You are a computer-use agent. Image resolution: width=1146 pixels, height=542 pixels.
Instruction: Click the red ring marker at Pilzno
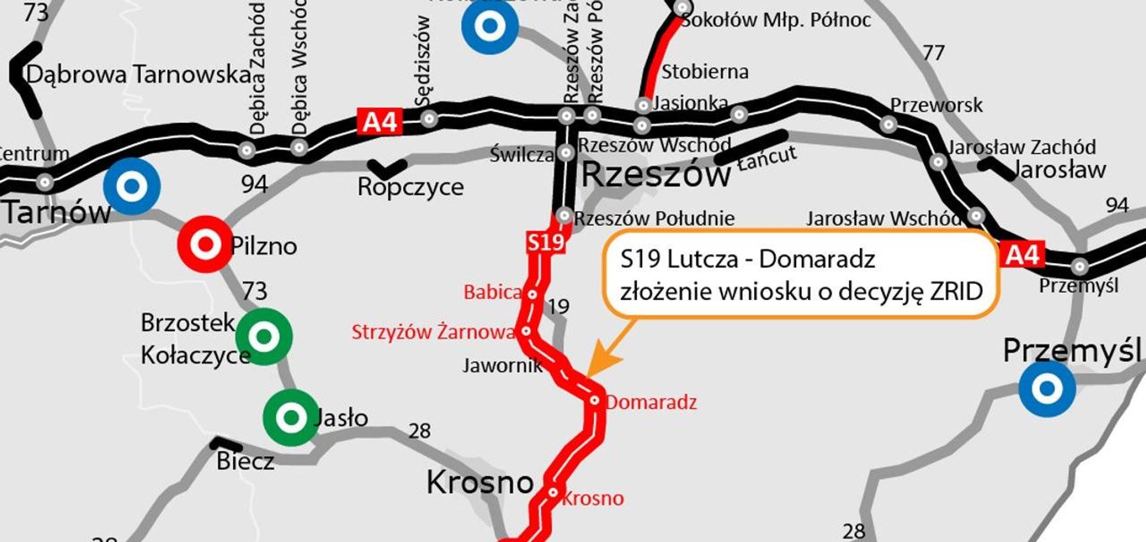205,244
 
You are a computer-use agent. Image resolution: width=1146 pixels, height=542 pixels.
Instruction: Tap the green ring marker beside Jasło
291,417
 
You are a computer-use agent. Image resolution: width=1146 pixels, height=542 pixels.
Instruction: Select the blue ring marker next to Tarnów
132,186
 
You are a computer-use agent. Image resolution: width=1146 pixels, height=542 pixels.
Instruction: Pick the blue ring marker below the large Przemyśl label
1047,389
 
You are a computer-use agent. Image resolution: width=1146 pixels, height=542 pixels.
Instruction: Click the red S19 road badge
546,241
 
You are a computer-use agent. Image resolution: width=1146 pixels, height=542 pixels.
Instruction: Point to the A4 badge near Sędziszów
380,122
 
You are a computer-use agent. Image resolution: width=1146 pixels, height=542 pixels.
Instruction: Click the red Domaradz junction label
651,402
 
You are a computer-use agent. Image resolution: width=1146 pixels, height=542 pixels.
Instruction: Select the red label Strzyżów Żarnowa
433,332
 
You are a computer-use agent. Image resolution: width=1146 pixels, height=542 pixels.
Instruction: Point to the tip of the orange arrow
589,374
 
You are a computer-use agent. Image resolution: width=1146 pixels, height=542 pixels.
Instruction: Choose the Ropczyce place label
410,187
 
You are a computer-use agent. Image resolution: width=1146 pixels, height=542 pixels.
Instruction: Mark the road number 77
934,53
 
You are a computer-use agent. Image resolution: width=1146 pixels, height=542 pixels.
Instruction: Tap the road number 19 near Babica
558,306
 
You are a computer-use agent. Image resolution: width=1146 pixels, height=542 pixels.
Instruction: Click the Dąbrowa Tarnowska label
139,75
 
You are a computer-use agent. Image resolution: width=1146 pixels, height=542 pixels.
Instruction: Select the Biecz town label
245,462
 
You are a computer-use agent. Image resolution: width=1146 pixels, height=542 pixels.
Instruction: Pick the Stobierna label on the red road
704,72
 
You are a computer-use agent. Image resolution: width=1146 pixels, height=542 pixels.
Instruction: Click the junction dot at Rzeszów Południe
563,215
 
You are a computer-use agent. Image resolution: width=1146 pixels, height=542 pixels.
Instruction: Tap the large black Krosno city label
480,482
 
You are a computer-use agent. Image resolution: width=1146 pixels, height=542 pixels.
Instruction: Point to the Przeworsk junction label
935,105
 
